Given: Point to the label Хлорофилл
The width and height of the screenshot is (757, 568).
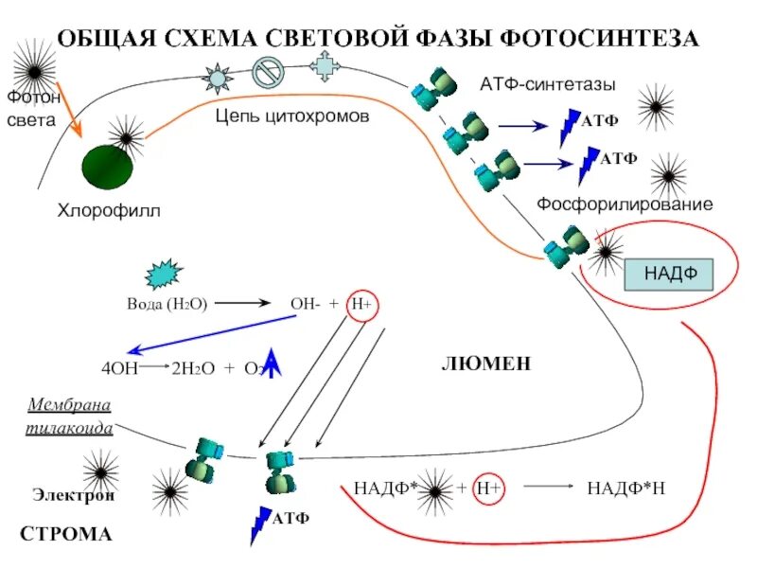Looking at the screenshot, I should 110,210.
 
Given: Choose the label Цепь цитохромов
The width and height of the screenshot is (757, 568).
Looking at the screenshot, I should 291,116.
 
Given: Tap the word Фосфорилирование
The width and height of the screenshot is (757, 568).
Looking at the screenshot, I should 625,204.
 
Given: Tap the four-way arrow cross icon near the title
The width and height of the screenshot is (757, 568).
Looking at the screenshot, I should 325,65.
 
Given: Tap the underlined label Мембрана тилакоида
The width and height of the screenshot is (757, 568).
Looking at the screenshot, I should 70,417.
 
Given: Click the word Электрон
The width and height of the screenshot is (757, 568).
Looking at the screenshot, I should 74,494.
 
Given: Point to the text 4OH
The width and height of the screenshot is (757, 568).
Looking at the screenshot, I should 119,369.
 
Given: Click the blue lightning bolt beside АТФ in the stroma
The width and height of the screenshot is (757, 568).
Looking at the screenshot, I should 258,525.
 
